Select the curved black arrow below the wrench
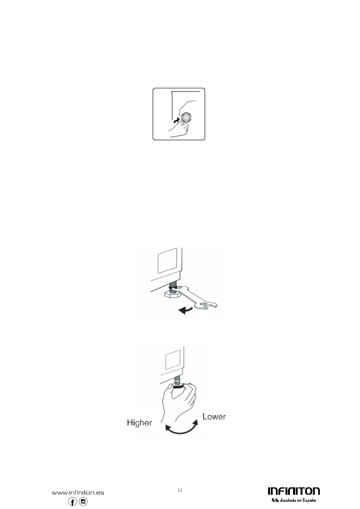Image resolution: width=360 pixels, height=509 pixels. [x=186, y=310]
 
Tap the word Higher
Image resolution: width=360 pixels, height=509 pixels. [x=139, y=423]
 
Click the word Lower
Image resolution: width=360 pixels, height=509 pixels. [x=214, y=417]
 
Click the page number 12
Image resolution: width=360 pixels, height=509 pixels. [x=180, y=482]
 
